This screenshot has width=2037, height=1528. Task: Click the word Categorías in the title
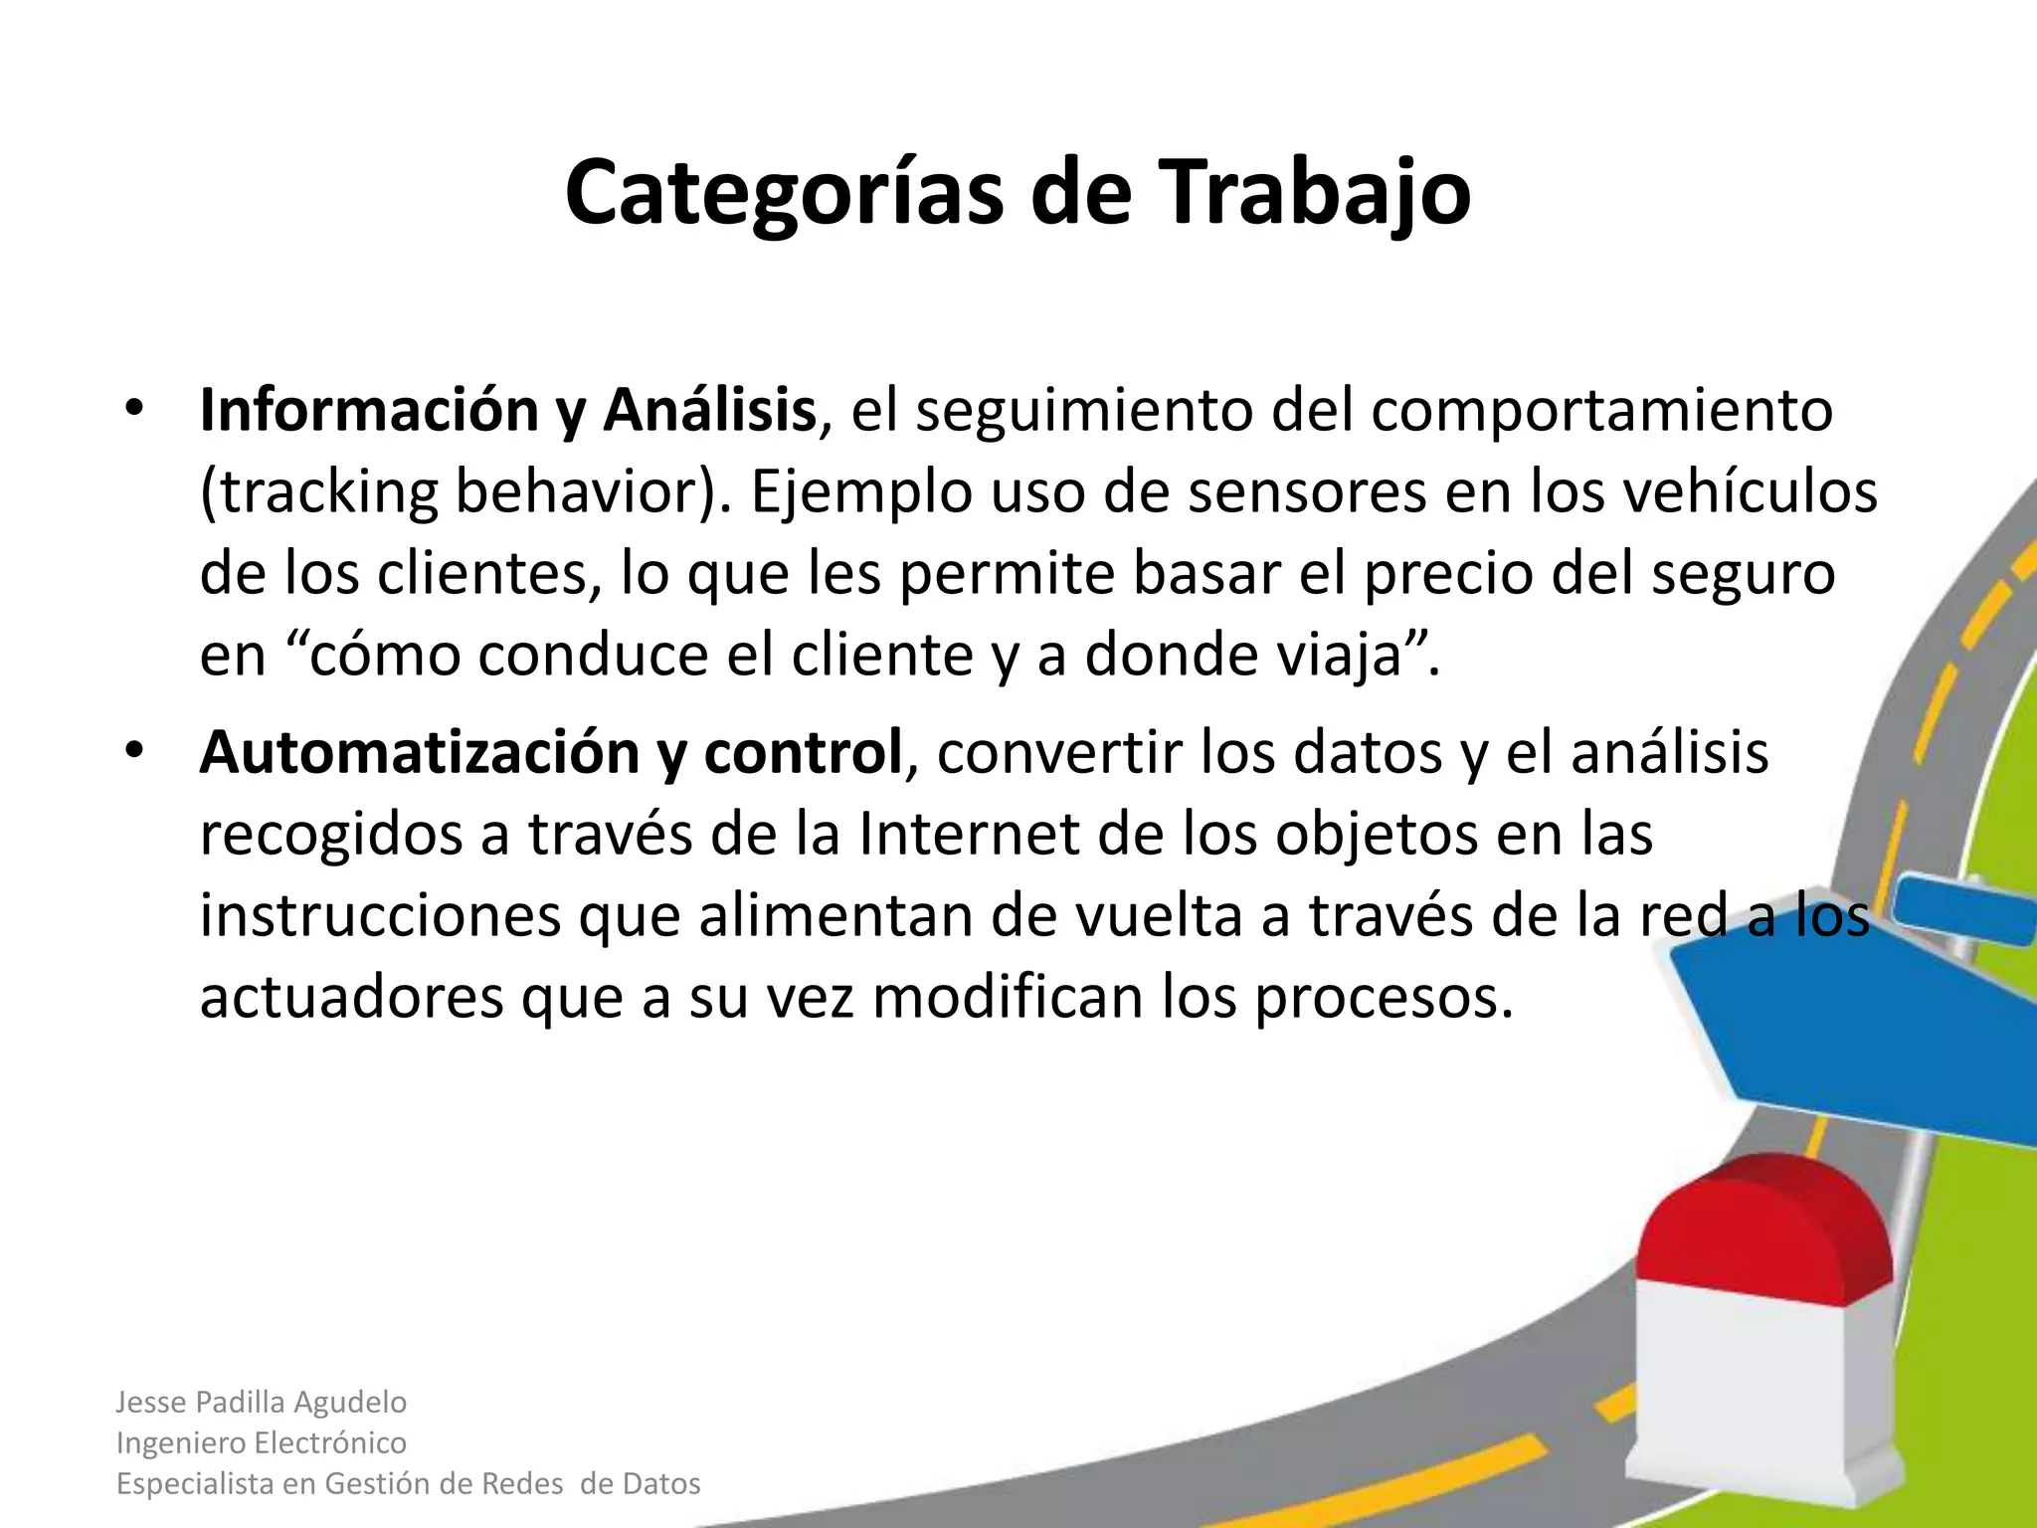pos(786,194)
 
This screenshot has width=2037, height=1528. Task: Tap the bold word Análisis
pos(709,411)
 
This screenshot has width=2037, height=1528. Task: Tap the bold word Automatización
pos(418,753)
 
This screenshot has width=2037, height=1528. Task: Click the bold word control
pos(802,753)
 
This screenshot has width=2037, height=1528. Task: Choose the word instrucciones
pos(380,916)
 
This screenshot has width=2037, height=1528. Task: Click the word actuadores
pos(351,998)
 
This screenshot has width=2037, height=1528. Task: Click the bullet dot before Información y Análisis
pos(134,411)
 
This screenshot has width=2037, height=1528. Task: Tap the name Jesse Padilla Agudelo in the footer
pos(262,1402)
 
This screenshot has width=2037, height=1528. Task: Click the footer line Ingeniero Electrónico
pos(262,1442)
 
